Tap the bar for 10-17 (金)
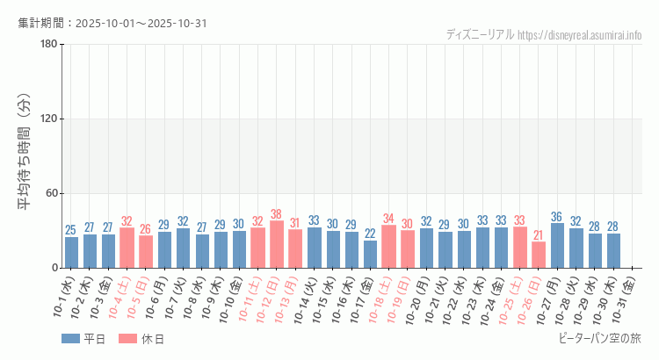pyautogui.click(x=370, y=254)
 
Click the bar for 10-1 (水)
pyautogui.click(x=71, y=252)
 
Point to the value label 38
pyautogui.click(x=277, y=214)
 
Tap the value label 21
pyautogui.click(x=539, y=235)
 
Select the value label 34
pyautogui.click(x=388, y=219)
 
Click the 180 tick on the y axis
pyautogui.click(x=48, y=45)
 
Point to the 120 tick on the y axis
pyautogui.click(x=48, y=119)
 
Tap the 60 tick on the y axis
pyautogui.click(x=51, y=194)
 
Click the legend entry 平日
pyautogui.click(x=83, y=339)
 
